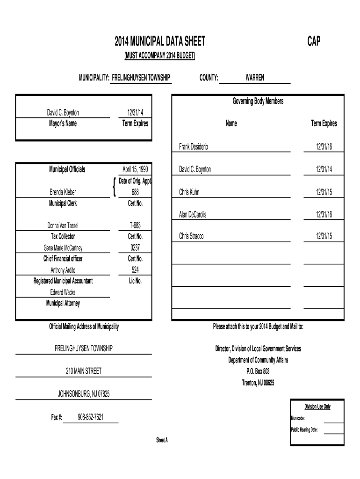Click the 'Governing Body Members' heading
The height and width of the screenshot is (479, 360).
coord(258,101)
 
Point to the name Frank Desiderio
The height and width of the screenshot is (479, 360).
coord(194,147)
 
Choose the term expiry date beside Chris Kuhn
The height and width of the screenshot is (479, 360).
coord(324,192)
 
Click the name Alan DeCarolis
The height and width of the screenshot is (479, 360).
coord(193,215)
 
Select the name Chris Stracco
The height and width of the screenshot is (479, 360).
coord(191,237)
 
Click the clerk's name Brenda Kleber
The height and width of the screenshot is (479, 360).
coord(63,192)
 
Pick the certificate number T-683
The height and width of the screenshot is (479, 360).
coord(135,225)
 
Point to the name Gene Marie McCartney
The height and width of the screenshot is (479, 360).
coord(63,248)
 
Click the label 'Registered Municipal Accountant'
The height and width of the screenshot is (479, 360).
coord(63,281)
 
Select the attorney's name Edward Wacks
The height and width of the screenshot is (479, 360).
coord(63,292)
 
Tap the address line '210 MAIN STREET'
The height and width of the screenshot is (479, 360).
coord(84,371)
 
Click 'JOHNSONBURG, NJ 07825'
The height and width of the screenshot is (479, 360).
coord(84,394)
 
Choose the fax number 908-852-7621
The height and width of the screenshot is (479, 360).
coord(91,417)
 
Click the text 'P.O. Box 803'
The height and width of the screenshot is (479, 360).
coord(258,371)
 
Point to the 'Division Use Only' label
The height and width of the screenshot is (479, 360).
coord(317,406)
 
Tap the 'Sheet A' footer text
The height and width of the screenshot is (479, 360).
coord(162,440)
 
